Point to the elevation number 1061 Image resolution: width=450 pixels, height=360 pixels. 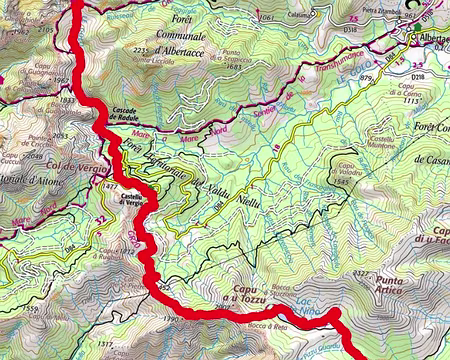click(x=265, y=18)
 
